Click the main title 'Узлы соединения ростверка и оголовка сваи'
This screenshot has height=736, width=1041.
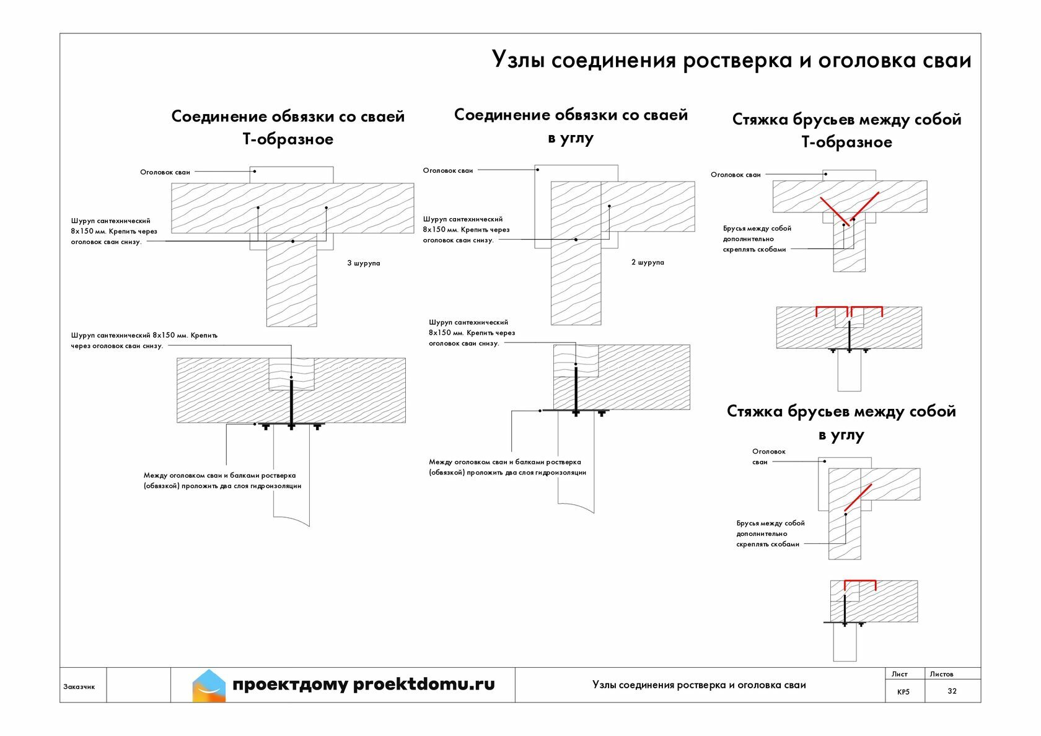[x=731, y=60]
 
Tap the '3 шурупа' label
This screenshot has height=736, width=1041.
[x=364, y=263]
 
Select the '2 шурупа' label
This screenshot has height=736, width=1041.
[x=648, y=263]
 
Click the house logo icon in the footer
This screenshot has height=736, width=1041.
[x=209, y=685]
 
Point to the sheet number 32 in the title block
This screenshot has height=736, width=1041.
[x=952, y=691]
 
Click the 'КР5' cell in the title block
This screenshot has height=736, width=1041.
[x=903, y=691]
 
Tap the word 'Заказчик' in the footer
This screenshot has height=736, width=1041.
[x=79, y=686]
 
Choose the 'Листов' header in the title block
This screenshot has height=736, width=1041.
[x=941, y=674]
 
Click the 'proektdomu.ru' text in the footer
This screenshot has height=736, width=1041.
[x=424, y=684]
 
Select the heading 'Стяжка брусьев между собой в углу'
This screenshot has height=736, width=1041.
[x=841, y=423]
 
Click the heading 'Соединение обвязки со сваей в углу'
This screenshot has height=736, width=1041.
[x=571, y=126]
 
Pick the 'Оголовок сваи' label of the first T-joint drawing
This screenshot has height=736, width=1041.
[x=165, y=172]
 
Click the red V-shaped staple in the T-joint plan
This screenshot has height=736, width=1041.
[x=848, y=210]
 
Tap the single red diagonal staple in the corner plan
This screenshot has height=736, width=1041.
[x=858, y=497]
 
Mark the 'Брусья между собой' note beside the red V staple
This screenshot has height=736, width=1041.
[x=757, y=239]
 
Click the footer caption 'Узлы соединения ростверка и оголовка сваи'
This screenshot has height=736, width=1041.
[x=699, y=685]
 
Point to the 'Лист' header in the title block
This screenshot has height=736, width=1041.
[x=899, y=674]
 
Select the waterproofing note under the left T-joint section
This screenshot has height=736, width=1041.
[x=222, y=481]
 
